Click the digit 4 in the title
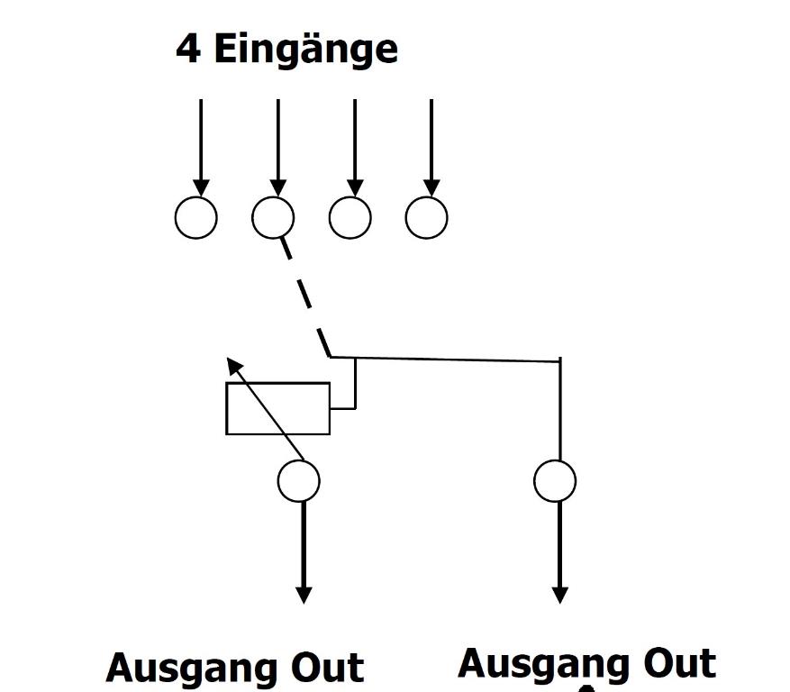tap(188, 49)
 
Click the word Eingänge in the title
tap(305, 50)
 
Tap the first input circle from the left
tap(195, 218)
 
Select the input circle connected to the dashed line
tap(273, 218)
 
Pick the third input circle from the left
tap(350, 218)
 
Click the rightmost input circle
tap(427, 218)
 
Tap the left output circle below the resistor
tap(299, 481)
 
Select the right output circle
tap(555, 481)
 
